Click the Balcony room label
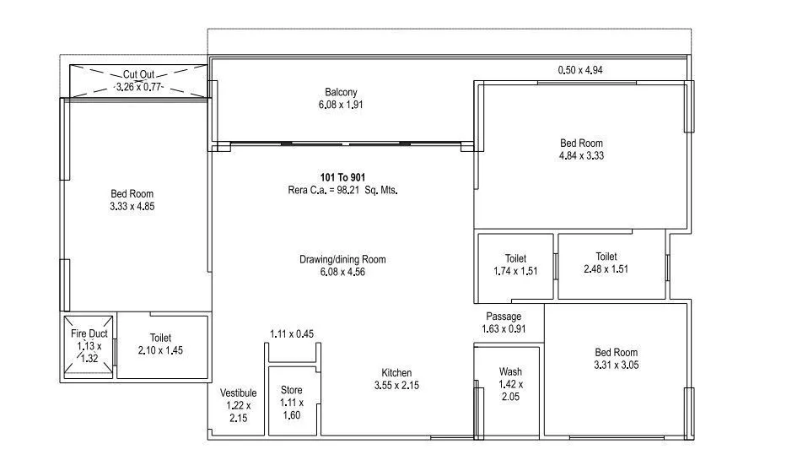pos(342,92)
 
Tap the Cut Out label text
pos(138,74)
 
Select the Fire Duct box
pos(88,346)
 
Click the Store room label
pos(291,391)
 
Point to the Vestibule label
pos(238,393)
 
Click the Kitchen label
pos(396,372)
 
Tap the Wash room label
pos(510,371)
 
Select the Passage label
pos(504,317)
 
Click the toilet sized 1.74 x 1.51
pos(515,265)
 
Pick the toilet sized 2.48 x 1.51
pos(606,263)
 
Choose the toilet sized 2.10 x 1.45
pos(160,344)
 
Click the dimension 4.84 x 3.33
pos(581,155)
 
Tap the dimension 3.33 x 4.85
pos(132,206)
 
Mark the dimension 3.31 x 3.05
pos(616,365)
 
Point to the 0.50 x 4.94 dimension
pos(580,70)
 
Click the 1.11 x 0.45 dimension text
pos(291,334)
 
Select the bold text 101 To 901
pos(342,177)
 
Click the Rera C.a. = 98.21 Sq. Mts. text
pos(342,190)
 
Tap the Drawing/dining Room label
pos(342,259)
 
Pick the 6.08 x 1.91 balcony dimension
pos(342,105)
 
